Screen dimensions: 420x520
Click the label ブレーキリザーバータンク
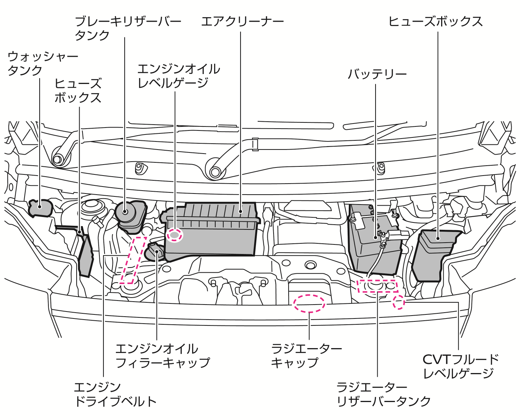(128, 28)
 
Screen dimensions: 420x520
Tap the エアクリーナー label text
(242, 21)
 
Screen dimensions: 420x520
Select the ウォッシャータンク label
(43, 63)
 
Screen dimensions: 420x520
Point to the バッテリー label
(377, 74)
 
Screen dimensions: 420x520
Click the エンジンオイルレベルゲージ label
(179, 76)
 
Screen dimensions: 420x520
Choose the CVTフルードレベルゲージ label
(460, 366)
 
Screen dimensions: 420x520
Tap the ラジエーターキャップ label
(306, 355)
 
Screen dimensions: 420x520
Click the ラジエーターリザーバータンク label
(383, 394)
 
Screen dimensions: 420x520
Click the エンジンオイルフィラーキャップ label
(162, 355)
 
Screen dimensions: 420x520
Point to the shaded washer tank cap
(40, 208)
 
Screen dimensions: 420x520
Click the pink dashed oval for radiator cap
(309, 303)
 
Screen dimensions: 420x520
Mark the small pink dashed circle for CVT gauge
(399, 303)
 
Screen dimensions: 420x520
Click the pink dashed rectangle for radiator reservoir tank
(377, 286)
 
